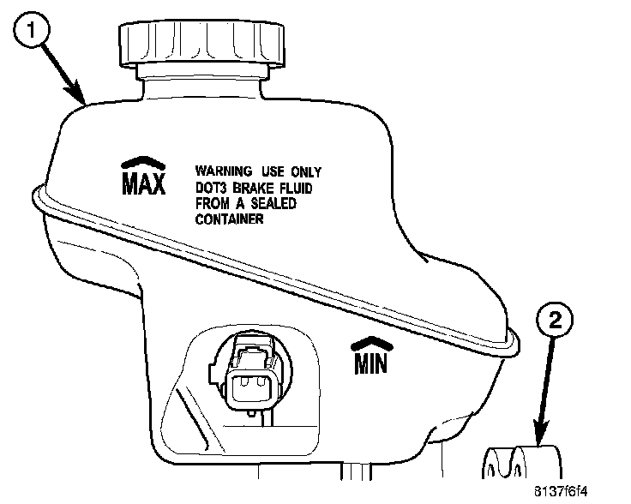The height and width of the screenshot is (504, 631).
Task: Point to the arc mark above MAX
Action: click(x=141, y=161)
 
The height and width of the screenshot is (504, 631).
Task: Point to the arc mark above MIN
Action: click(x=371, y=345)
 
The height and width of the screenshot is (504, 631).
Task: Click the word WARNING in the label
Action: click(x=224, y=171)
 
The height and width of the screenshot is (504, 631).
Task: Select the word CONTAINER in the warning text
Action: click(x=229, y=219)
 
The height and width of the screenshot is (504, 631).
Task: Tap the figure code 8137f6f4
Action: click(x=591, y=491)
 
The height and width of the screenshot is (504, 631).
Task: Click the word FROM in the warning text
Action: click(x=213, y=203)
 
